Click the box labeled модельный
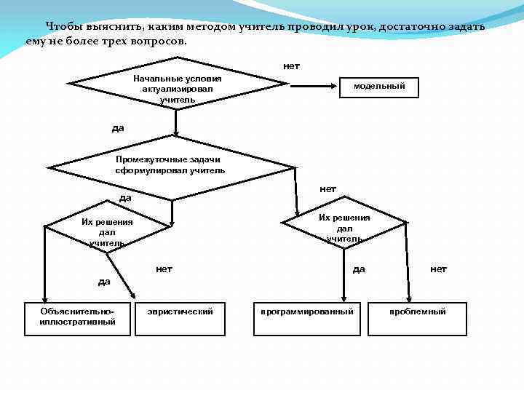coord(379,87)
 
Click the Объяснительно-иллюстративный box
coord(77,318)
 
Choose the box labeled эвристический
coord(180,318)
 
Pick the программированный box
coord(307,318)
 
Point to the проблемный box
coord(417,318)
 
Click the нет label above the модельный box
coord(291,66)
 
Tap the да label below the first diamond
coord(118,128)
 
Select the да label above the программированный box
coord(359,269)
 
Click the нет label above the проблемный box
coord(438,269)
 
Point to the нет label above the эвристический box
coord(164,269)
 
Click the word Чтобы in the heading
coord(62,26)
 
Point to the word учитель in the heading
coord(261,26)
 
